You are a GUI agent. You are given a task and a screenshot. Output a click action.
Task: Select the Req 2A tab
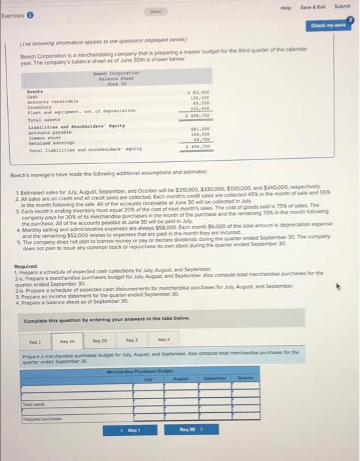tap(67, 341)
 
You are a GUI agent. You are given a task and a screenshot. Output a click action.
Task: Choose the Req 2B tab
tap(100, 341)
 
